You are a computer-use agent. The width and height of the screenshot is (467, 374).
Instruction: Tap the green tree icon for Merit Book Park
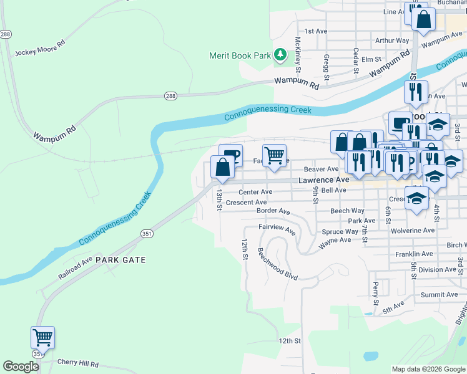click(x=281, y=55)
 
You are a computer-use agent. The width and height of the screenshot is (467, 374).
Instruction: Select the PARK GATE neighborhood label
click(x=121, y=260)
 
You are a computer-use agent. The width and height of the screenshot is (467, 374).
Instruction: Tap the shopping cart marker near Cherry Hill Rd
click(x=42, y=338)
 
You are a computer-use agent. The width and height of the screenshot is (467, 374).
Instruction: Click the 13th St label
click(x=219, y=200)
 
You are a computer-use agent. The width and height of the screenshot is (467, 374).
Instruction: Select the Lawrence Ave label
click(x=323, y=180)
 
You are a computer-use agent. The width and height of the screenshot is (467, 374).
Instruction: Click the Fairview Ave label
click(x=281, y=229)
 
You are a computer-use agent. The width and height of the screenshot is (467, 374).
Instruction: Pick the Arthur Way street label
click(x=392, y=41)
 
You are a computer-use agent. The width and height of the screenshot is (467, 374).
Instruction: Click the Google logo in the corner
click(x=21, y=367)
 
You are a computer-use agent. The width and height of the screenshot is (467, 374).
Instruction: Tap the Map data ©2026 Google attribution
click(x=428, y=369)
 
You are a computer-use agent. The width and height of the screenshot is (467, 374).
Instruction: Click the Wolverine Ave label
click(x=412, y=231)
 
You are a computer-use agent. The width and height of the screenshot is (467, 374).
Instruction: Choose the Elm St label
click(x=371, y=59)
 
